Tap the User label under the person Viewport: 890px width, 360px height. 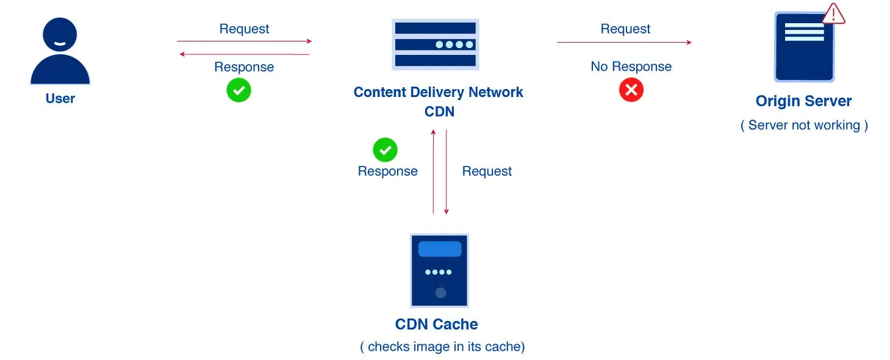(x=60, y=98)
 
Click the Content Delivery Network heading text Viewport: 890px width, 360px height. (x=438, y=92)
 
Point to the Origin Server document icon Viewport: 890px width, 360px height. (x=804, y=48)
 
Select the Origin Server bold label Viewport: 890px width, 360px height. (x=803, y=101)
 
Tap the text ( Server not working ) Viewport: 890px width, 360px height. (x=804, y=125)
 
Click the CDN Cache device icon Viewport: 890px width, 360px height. (x=439, y=270)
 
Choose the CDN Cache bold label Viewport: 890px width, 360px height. (x=436, y=324)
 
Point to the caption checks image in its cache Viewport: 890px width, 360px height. (x=442, y=347)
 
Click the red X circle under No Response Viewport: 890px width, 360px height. (x=631, y=90)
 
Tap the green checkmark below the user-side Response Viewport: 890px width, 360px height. (x=239, y=90)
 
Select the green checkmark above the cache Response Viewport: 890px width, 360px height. (x=385, y=149)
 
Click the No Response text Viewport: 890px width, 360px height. (x=631, y=67)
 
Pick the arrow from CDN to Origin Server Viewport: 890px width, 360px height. (x=624, y=42)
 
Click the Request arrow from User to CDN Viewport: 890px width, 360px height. (x=244, y=41)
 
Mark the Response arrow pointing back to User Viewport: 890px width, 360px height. (x=244, y=54)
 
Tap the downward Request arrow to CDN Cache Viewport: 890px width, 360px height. (x=447, y=171)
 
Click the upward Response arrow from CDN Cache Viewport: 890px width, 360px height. (x=433, y=171)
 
